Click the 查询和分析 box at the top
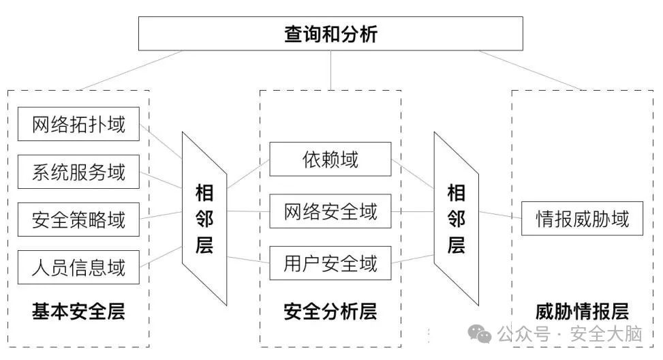click(x=330, y=34)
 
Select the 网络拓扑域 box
click(x=78, y=124)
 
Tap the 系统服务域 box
click(x=78, y=172)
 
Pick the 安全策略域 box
click(x=78, y=220)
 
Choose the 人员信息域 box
click(x=78, y=267)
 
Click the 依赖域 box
click(x=330, y=160)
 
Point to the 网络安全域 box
click(x=330, y=212)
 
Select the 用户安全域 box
click(x=330, y=263)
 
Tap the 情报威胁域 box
click(x=582, y=219)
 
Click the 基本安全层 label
click(x=78, y=312)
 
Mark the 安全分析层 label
click(x=330, y=312)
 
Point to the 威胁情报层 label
click(x=582, y=312)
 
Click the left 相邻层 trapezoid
click(x=204, y=218)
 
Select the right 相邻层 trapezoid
click(x=456, y=218)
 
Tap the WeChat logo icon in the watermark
click(x=482, y=334)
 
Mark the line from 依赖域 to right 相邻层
click(x=413, y=172)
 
